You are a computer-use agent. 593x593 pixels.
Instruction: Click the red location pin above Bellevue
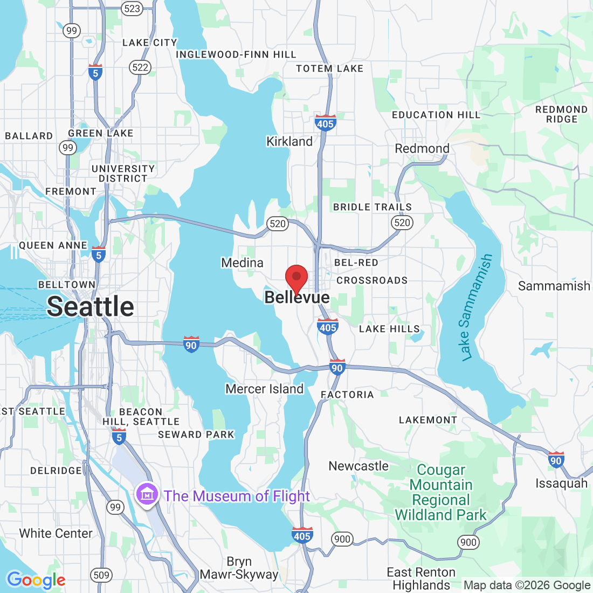(296, 278)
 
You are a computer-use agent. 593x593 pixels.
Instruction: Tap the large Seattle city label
(91, 306)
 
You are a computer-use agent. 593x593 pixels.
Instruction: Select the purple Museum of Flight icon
(147, 494)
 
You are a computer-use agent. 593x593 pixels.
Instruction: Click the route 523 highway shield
(132, 8)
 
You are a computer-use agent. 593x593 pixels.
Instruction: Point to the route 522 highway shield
(140, 67)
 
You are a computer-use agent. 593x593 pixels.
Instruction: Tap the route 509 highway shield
(101, 575)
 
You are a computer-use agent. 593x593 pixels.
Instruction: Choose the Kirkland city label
(289, 141)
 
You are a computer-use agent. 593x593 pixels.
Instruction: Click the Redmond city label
(422, 148)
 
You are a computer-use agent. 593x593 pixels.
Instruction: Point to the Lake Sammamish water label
(477, 307)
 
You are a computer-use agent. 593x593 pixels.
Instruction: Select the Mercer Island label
(265, 389)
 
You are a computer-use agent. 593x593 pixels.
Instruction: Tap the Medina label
(243, 263)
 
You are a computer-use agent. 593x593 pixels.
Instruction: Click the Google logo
(36, 580)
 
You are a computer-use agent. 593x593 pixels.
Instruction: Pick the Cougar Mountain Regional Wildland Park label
(441, 493)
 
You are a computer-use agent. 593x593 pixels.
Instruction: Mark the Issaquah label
(561, 483)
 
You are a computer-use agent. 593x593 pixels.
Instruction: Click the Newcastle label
(358, 466)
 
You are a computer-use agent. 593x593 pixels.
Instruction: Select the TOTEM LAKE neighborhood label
(330, 68)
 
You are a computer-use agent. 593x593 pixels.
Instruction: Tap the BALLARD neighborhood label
(29, 136)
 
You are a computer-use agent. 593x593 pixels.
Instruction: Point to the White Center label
(56, 533)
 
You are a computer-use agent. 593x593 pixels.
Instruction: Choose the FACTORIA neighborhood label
(347, 395)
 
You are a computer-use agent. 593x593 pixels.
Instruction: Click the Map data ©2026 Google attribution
(527, 585)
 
